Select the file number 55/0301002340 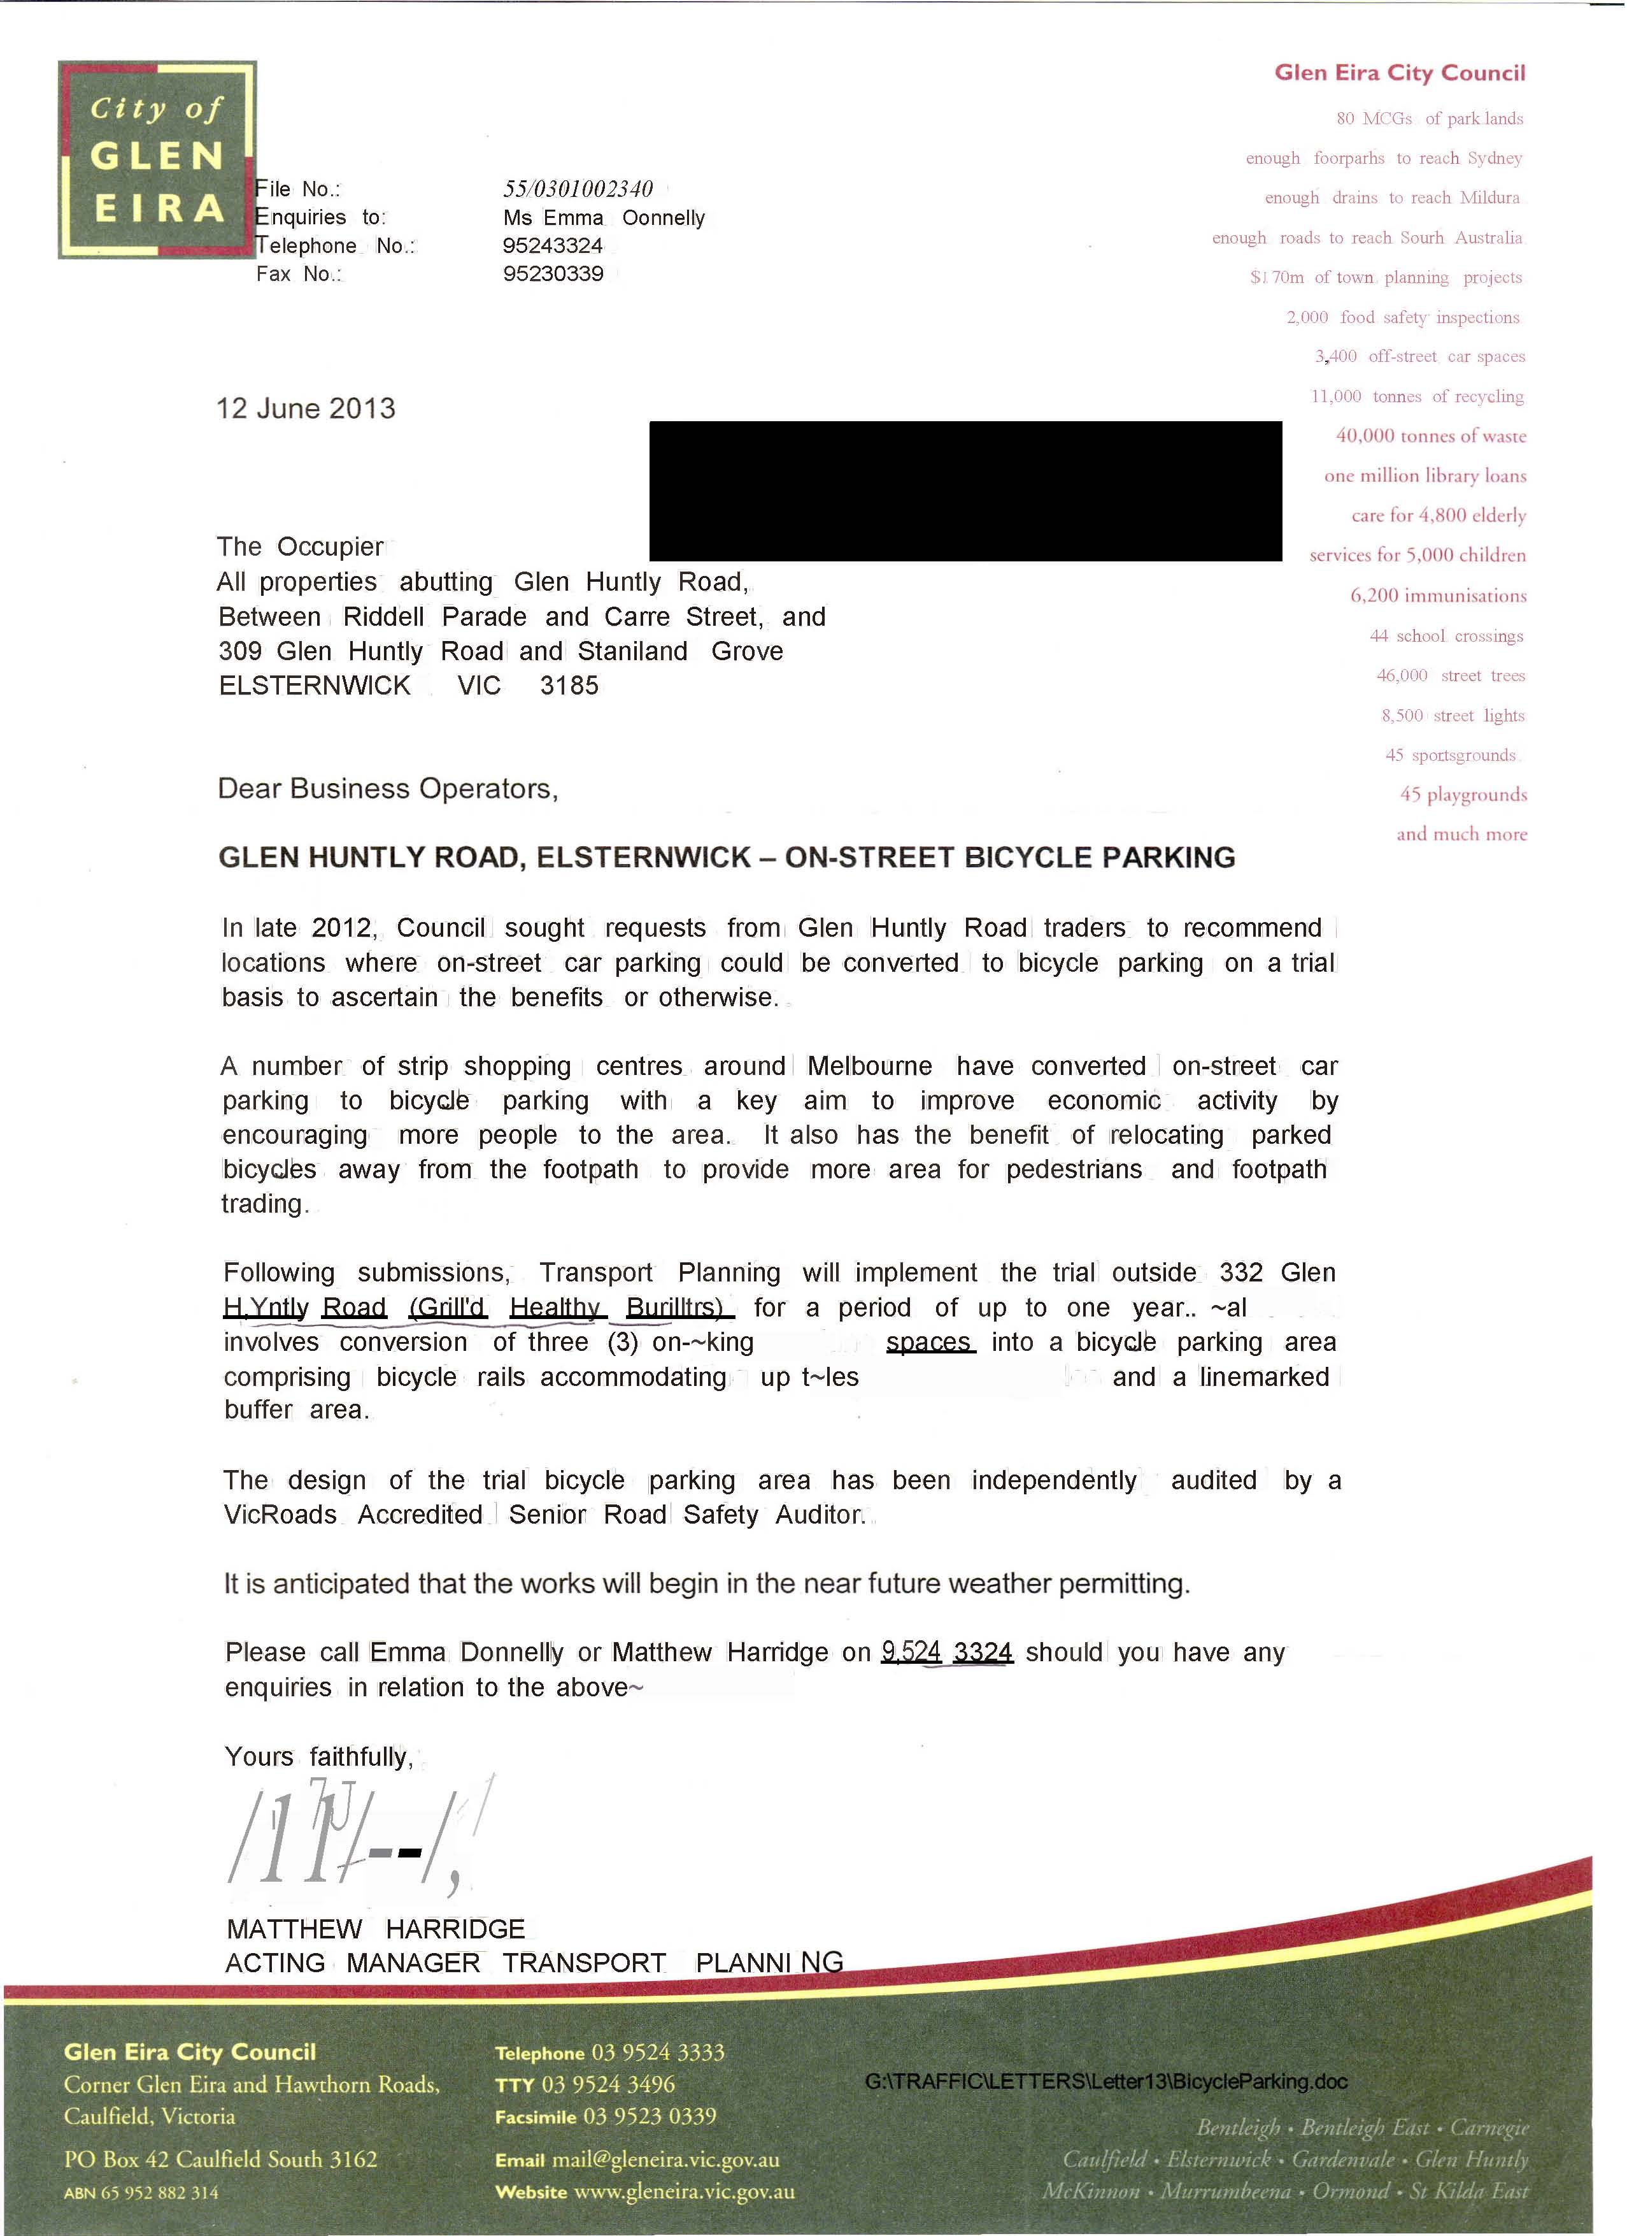pyautogui.click(x=578, y=189)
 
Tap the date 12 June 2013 pyautogui.click(x=306, y=408)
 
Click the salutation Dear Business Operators pyautogui.click(x=387, y=789)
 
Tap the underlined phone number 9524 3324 pyautogui.click(x=947, y=1652)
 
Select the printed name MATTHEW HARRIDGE pyautogui.click(x=376, y=1928)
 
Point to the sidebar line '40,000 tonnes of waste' pyautogui.click(x=1430, y=436)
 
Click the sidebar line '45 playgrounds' pyautogui.click(x=1463, y=795)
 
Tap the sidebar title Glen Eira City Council pyautogui.click(x=1400, y=73)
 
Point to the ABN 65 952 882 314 pyautogui.click(x=141, y=2193)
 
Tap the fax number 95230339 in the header pyautogui.click(x=553, y=274)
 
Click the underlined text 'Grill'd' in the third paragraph pyautogui.click(x=448, y=1308)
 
